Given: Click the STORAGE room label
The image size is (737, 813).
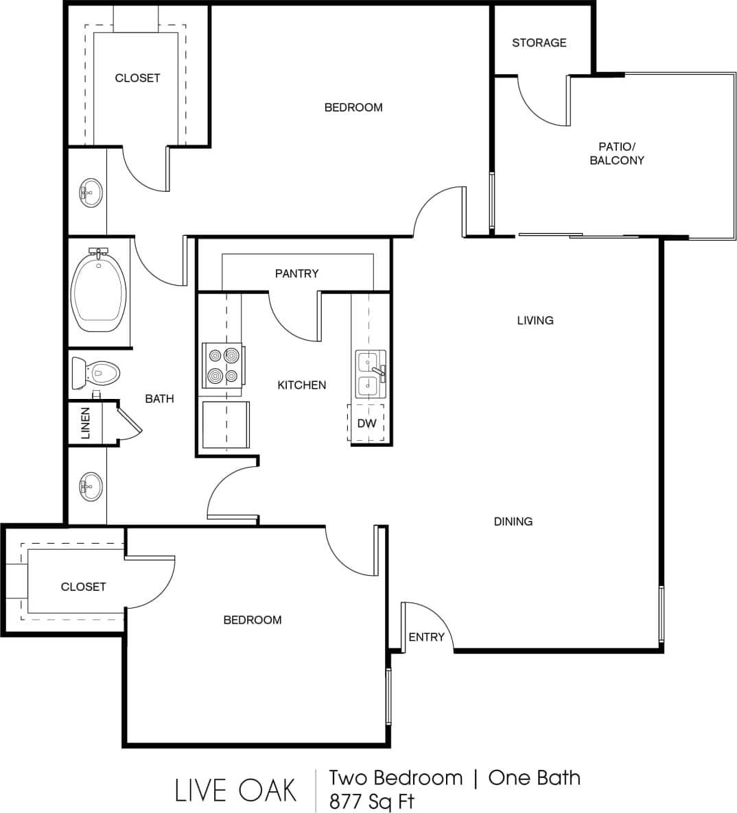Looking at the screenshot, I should click(x=539, y=43).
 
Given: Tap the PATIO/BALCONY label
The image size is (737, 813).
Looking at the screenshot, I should click(x=617, y=154).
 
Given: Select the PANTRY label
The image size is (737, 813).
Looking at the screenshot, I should click(x=296, y=274).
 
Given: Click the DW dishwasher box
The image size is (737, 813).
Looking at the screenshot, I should click(x=366, y=424).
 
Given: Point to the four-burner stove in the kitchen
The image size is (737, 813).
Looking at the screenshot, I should click(x=222, y=366).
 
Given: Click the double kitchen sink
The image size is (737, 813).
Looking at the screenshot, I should click(x=370, y=374).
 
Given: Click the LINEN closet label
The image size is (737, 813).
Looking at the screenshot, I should click(x=85, y=423).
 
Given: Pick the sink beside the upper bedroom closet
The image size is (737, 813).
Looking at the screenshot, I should click(x=91, y=193).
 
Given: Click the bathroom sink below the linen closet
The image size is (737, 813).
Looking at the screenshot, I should click(x=90, y=487).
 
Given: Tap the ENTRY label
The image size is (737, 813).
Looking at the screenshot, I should click(x=426, y=638).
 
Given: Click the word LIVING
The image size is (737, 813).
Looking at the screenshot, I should click(x=535, y=320).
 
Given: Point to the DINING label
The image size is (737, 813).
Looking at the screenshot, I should click(x=513, y=522).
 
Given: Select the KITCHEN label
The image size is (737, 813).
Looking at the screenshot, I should click(x=301, y=385).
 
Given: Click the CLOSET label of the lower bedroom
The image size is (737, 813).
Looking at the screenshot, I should click(x=83, y=587).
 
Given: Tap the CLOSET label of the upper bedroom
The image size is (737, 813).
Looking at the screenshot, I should click(x=137, y=78).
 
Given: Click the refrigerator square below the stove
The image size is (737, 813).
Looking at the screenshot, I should click(x=226, y=425).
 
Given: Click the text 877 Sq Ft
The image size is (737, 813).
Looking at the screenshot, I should click(x=371, y=801).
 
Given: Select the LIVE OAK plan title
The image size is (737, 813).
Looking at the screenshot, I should click(x=235, y=790).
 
